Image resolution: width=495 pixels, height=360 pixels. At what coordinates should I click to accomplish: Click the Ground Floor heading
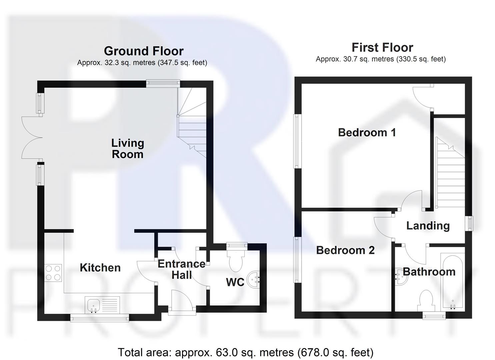point(144,51)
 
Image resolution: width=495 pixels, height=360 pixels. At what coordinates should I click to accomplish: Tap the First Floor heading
point(382,48)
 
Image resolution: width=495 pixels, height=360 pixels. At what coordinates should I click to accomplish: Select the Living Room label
point(128,149)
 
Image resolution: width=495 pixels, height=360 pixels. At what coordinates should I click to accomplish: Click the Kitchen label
point(100,268)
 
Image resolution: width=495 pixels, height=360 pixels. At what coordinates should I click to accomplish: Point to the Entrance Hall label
point(182,269)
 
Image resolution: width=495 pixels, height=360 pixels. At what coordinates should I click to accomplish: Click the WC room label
point(235,282)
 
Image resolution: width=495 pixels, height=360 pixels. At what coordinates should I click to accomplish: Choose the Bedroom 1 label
point(367,132)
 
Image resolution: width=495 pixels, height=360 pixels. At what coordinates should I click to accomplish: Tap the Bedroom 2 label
point(345,250)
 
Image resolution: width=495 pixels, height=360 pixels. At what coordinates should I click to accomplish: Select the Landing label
point(428,226)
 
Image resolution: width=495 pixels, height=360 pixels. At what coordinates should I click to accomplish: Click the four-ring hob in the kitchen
point(53,272)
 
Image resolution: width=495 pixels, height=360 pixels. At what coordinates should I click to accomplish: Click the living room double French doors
point(32,137)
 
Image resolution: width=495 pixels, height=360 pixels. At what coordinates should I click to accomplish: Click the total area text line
point(245,352)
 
